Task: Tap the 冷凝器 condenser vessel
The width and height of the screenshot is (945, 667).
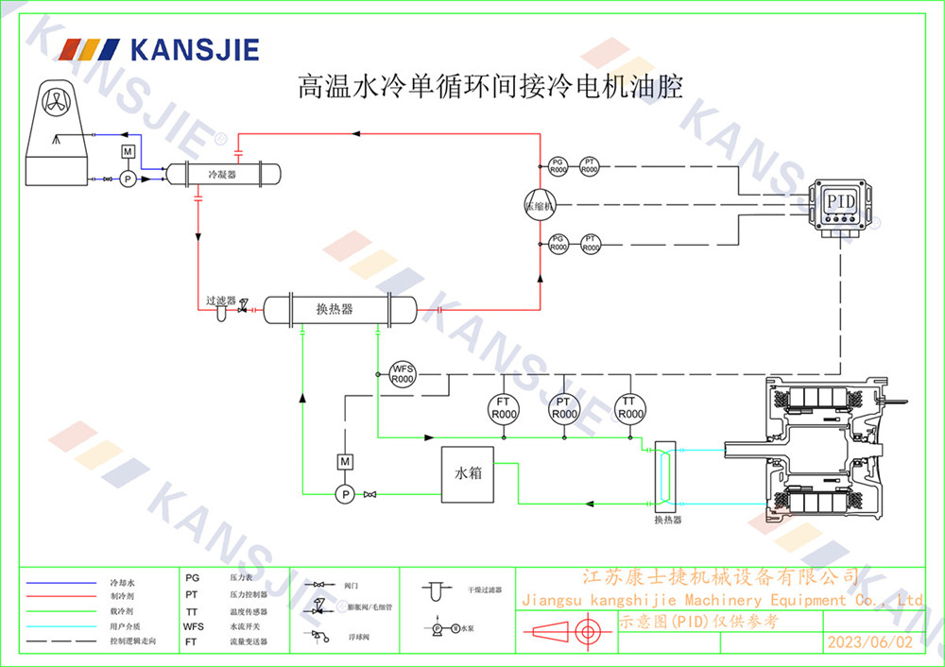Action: (x=224, y=174)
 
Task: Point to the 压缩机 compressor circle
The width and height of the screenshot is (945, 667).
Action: (x=541, y=205)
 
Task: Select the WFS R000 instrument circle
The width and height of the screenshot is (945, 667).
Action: (x=404, y=372)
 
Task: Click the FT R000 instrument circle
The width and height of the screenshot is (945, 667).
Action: (x=504, y=408)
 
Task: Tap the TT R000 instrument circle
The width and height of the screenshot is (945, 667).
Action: (x=630, y=408)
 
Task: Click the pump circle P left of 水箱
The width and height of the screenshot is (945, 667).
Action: (x=345, y=494)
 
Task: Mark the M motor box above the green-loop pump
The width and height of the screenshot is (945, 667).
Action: (x=345, y=461)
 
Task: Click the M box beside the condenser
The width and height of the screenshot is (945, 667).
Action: (x=129, y=152)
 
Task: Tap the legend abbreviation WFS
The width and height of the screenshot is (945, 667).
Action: (x=193, y=625)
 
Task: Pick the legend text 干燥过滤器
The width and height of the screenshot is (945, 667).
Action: (x=484, y=589)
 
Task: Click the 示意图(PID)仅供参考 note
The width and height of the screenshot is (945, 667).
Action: (x=699, y=621)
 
